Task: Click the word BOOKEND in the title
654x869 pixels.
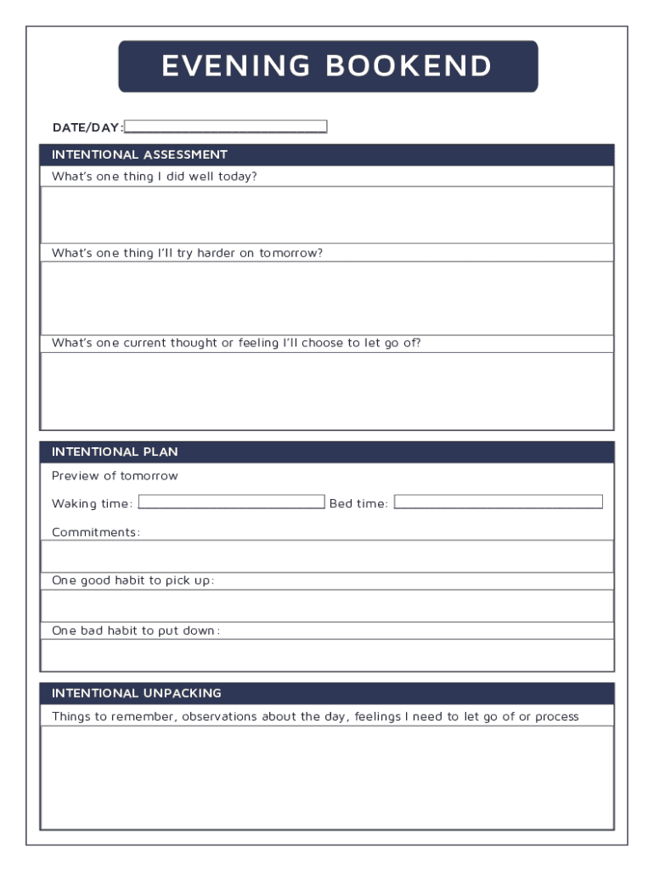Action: click(x=409, y=66)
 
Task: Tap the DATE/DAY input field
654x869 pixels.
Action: click(x=225, y=127)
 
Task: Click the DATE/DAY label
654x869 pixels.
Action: click(x=87, y=127)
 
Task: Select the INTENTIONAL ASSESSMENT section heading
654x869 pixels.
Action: click(x=139, y=154)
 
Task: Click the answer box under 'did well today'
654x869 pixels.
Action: click(x=327, y=215)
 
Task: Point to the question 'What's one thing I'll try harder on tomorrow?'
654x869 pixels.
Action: click(x=187, y=253)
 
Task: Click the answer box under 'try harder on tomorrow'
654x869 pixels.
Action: click(x=327, y=298)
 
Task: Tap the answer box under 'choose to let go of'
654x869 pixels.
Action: click(x=327, y=390)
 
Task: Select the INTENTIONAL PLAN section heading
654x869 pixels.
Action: click(x=115, y=451)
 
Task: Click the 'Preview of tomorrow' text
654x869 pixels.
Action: click(x=115, y=476)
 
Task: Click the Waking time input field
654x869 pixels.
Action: click(x=231, y=502)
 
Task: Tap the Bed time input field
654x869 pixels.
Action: click(x=498, y=502)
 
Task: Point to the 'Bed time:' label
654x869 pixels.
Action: click(x=358, y=504)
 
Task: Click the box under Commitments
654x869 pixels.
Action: click(x=327, y=556)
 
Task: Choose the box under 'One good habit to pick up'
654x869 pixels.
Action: click(x=327, y=606)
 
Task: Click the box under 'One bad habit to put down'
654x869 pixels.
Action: click(x=327, y=655)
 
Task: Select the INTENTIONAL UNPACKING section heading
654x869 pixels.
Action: click(x=136, y=693)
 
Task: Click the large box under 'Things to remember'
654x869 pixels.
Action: click(x=327, y=777)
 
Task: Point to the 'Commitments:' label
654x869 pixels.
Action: click(x=95, y=532)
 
